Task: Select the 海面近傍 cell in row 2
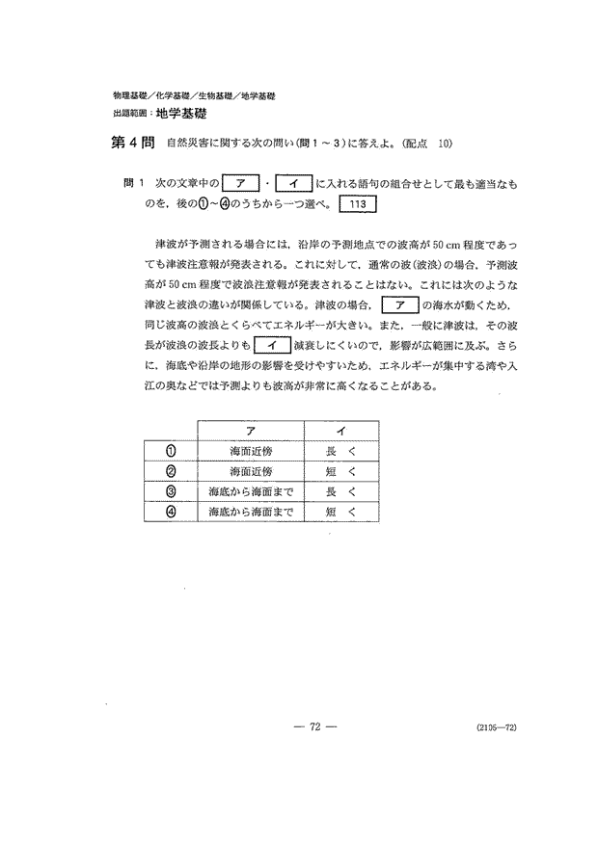251,471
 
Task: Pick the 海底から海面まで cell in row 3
251,491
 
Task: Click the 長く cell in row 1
341,450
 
